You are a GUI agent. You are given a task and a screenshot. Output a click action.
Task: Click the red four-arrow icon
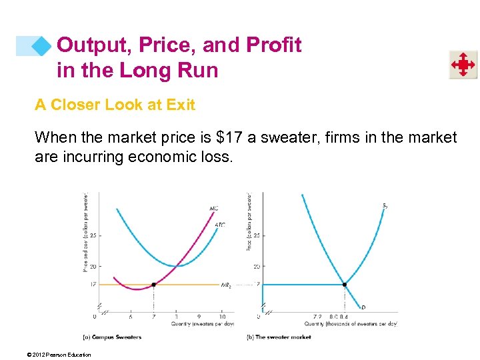[x=462, y=65]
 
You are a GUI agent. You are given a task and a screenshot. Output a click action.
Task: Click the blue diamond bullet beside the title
[x=42, y=45]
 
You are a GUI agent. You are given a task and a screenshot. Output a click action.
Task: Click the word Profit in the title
[x=275, y=45]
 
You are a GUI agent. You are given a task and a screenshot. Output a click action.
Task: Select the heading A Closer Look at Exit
[x=115, y=105]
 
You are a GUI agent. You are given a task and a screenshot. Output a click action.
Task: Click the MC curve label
[x=213, y=209]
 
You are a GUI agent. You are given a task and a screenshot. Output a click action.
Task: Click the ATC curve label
[x=219, y=225]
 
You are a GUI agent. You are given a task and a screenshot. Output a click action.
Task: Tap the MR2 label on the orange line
[x=226, y=285]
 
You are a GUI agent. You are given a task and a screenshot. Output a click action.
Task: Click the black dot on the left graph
[x=154, y=285]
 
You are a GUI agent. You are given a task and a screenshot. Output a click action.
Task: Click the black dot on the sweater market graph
[x=345, y=285]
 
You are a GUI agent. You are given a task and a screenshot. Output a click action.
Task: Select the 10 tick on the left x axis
[x=222, y=317]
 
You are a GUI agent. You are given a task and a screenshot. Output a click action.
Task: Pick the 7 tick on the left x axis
[x=154, y=317]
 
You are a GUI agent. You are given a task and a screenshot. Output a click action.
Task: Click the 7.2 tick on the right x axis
[x=317, y=317]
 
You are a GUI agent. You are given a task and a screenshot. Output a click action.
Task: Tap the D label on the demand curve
[x=363, y=307]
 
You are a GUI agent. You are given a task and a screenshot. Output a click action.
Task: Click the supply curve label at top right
[x=385, y=205]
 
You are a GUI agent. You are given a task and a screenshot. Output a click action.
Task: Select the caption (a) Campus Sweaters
[x=111, y=337]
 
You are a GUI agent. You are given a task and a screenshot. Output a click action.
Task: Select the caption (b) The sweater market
[x=279, y=337]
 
